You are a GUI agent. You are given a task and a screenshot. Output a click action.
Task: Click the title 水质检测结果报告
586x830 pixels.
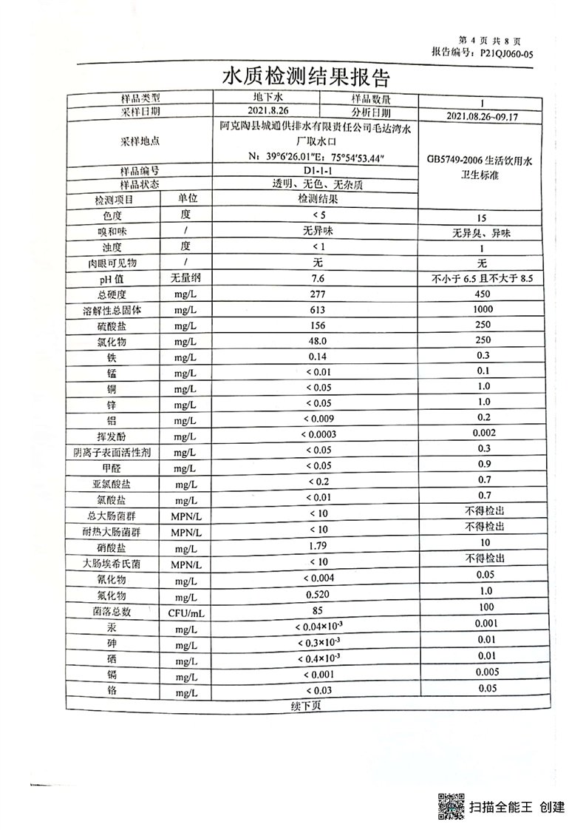(x=305, y=77)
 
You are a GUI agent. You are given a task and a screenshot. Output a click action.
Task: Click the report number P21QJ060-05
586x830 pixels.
(x=506, y=53)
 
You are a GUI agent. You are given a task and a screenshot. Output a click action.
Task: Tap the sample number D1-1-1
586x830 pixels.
(x=318, y=172)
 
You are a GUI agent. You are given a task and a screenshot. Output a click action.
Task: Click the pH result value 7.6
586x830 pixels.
(x=318, y=278)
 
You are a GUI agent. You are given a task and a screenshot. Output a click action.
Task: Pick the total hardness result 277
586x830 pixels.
(x=318, y=294)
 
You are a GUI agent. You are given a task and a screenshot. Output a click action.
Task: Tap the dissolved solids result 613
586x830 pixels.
(x=318, y=309)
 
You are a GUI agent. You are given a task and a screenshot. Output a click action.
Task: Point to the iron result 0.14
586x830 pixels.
(x=318, y=357)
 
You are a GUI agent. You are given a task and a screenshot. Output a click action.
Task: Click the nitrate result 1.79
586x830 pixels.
(x=318, y=545)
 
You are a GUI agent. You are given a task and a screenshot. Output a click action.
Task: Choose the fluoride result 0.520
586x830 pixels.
(x=318, y=594)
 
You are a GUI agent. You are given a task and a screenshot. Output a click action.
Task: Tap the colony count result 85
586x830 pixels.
(x=318, y=610)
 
